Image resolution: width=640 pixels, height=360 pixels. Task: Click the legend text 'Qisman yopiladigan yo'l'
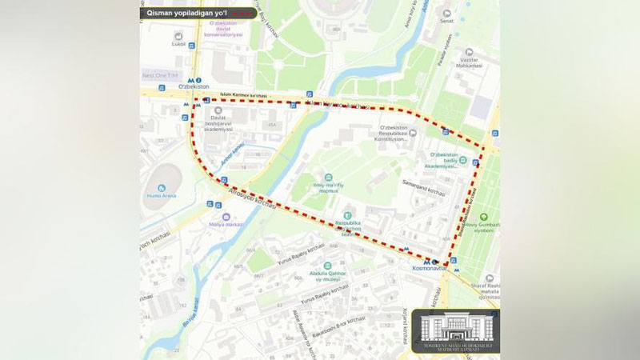click(x=186, y=14)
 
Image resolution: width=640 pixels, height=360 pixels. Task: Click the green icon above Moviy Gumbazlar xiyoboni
click(x=483, y=217)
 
